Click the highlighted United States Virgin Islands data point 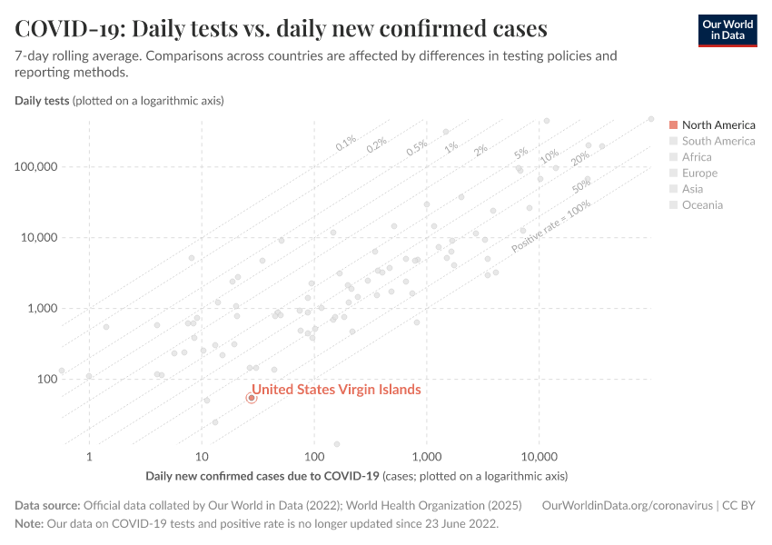tap(252, 398)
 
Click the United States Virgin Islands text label tap(336, 390)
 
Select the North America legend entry tap(718, 124)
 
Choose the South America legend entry tap(718, 141)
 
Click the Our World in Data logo tap(727, 30)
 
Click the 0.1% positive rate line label tap(346, 143)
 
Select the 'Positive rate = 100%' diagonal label tap(551, 227)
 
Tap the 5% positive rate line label tap(520, 153)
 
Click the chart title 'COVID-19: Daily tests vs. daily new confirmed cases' tap(281, 29)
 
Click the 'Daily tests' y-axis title tap(42, 100)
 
